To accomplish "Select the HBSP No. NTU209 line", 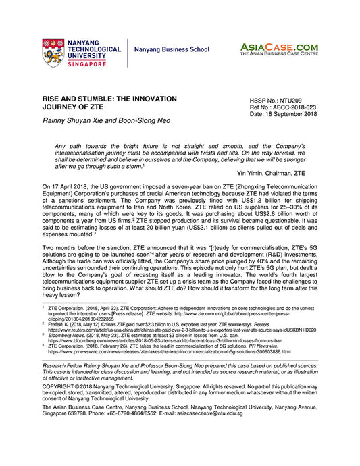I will tap(278, 100).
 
